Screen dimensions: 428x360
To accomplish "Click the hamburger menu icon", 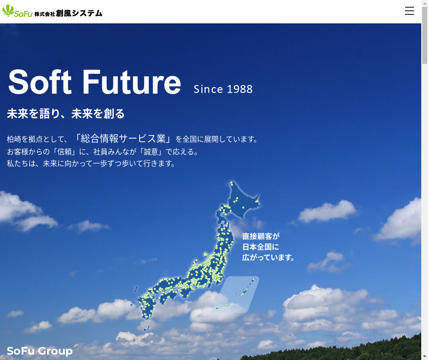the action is tap(409, 11).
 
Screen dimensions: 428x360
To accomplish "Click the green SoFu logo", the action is tap(18, 11).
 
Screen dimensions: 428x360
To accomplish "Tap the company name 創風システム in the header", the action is tap(79, 13).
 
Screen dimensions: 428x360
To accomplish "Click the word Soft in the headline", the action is tap(40, 81).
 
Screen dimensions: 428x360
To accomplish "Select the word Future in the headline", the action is tap(132, 81).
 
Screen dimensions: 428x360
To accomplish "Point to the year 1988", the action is tap(240, 89).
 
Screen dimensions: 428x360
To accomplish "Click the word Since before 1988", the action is tap(208, 89).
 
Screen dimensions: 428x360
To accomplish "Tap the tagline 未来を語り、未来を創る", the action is tap(66, 114).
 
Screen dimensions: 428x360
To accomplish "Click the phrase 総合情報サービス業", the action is tap(123, 139).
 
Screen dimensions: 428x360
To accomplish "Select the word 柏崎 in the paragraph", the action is tap(14, 139).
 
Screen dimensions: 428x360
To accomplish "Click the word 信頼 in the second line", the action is tap(64, 152).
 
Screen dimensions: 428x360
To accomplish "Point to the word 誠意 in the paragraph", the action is tap(151, 152).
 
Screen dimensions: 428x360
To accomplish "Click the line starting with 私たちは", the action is tap(91, 164).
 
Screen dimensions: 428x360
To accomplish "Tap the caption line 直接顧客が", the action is tap(261, 236).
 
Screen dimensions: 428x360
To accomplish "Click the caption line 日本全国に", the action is tap(261, 247).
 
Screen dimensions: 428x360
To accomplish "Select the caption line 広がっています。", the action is tap(268, 257).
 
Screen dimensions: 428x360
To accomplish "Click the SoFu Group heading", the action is tap(40, 351).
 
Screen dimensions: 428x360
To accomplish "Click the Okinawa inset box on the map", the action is tap(236, 295).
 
